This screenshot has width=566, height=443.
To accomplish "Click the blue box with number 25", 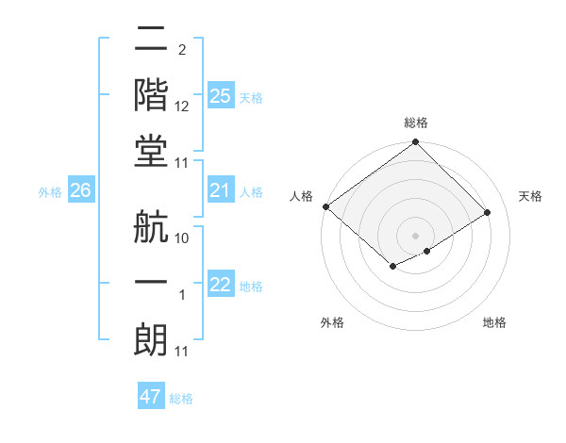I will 220,96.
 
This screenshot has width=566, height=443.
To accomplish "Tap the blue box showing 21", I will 220,191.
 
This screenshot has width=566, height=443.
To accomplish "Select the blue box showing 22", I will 220,286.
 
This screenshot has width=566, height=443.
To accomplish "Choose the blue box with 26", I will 80,191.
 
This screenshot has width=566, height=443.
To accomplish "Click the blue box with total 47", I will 151,397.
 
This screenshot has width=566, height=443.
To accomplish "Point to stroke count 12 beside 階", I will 183,107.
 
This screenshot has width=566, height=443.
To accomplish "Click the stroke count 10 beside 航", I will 183,238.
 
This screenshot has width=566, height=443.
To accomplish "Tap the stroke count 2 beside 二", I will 182,49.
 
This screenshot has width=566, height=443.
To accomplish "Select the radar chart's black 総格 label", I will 415,123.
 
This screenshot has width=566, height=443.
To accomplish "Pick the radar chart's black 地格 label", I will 494,322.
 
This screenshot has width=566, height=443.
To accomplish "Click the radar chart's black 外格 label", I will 332,322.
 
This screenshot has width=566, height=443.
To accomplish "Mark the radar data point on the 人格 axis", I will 325,206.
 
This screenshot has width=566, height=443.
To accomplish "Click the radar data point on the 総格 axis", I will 415,143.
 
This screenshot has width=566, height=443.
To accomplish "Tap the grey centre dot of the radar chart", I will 415,235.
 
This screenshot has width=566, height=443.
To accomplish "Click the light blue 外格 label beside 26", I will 50,192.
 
